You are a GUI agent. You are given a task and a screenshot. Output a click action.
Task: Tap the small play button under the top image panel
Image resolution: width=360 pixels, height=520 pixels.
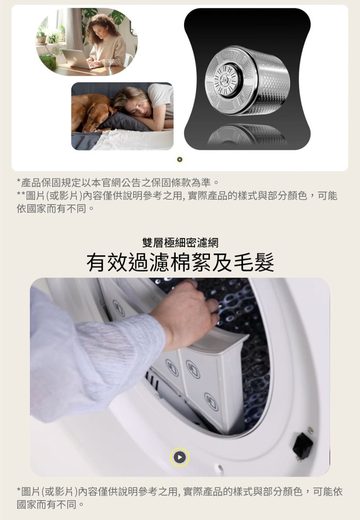pos(180,159)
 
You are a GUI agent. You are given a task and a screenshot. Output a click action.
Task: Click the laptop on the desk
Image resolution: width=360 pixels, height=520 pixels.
pos(77,59)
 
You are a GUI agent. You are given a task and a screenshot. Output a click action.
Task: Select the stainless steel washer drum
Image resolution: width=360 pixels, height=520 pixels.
pos(248,80)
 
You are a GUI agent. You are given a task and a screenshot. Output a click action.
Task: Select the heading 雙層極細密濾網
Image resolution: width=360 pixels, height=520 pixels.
pos(180,243)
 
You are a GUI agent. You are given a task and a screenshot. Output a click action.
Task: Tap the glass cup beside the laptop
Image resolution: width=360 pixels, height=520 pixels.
pos(107,63)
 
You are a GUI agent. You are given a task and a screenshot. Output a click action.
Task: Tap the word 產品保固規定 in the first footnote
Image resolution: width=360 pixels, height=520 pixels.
pos(51,183)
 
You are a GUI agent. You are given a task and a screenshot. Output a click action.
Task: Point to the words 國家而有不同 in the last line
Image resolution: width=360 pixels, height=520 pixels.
pos(46,504)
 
